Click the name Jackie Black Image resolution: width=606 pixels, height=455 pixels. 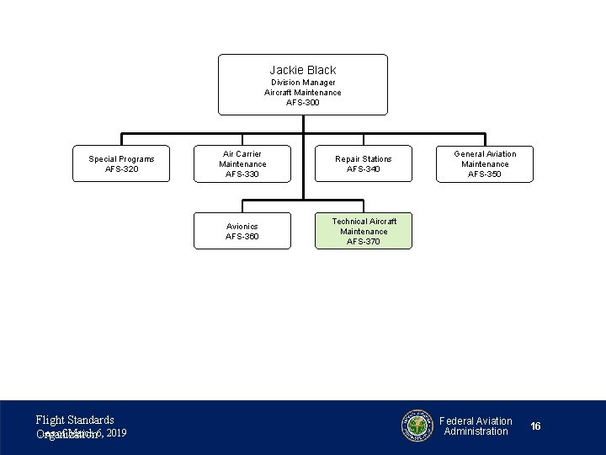[x=302, y=70]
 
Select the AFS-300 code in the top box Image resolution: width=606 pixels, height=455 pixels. [x=302, y=103]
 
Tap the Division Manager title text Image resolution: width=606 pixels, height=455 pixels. [x=302, y=83]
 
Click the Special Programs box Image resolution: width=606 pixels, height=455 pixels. [x=121, y=163]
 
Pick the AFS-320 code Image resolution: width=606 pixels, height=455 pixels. [x=121, y=169]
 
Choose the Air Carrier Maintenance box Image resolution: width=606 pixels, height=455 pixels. [x=242, y=163]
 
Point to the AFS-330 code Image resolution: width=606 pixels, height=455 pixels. [x=242, y=174]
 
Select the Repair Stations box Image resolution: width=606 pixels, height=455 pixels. [x=364, y=163]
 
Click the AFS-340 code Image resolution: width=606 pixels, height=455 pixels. [x=364, y=169]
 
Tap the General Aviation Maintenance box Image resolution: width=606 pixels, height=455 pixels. [x=485, y=163]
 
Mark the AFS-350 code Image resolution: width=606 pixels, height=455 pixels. [x=485, y=174]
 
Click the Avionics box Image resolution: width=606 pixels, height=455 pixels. [x=242, y=231]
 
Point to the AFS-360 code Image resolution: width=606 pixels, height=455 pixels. [x=242, y=237]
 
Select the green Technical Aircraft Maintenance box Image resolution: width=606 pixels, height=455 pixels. [x=364, y=230]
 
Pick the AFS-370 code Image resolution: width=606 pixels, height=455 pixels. [x=364, y=242]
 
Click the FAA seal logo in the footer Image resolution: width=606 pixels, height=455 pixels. [x=417, y=426]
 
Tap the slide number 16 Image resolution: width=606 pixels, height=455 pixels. [x=535, y=426]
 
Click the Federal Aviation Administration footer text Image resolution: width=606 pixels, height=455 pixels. [x=476, y=426]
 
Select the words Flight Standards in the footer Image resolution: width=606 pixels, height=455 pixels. [x=75, y=420]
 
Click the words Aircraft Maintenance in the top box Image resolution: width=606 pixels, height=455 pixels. [x=302, y=93]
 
